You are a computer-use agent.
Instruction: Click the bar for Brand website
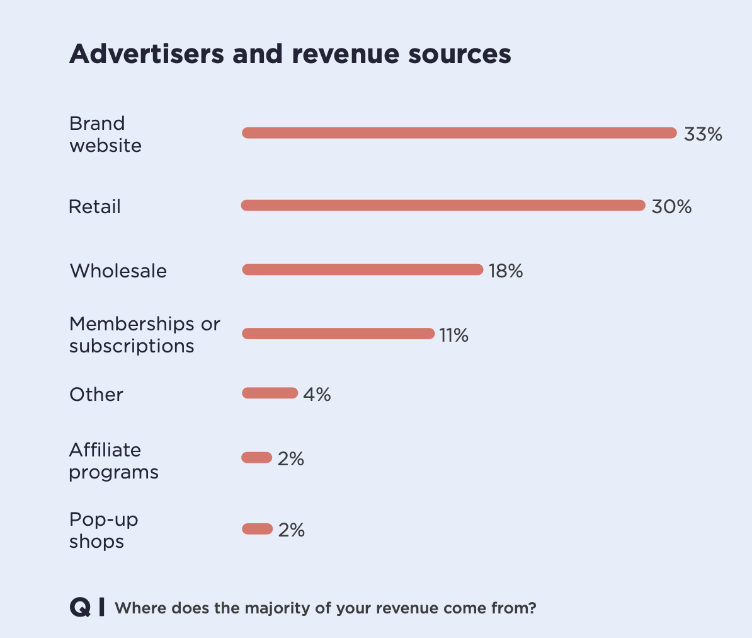[459, 133]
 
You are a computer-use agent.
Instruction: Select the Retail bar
[443, 206]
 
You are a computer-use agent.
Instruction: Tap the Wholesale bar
[362, 270]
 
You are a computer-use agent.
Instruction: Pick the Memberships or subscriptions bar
[338, 333]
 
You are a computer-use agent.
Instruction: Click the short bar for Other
[270, 393]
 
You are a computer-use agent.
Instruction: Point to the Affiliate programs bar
[257, 458]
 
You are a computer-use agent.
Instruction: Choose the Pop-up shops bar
[257, 529]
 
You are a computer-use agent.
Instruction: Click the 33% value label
[702, 134]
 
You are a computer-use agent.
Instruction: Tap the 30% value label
[671, 207]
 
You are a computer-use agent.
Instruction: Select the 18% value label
[506, 271]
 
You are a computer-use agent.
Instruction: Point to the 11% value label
[453, 335]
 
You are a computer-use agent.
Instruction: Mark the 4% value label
[317, 395]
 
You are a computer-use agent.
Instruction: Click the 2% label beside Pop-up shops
[291, 530]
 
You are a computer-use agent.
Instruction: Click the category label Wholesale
[118, 271]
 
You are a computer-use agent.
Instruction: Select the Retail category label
[94, 207]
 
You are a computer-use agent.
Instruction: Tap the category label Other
[96, 395]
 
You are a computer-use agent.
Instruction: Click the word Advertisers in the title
[146, 54]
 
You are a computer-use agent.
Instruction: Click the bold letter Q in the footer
[80, 608]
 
